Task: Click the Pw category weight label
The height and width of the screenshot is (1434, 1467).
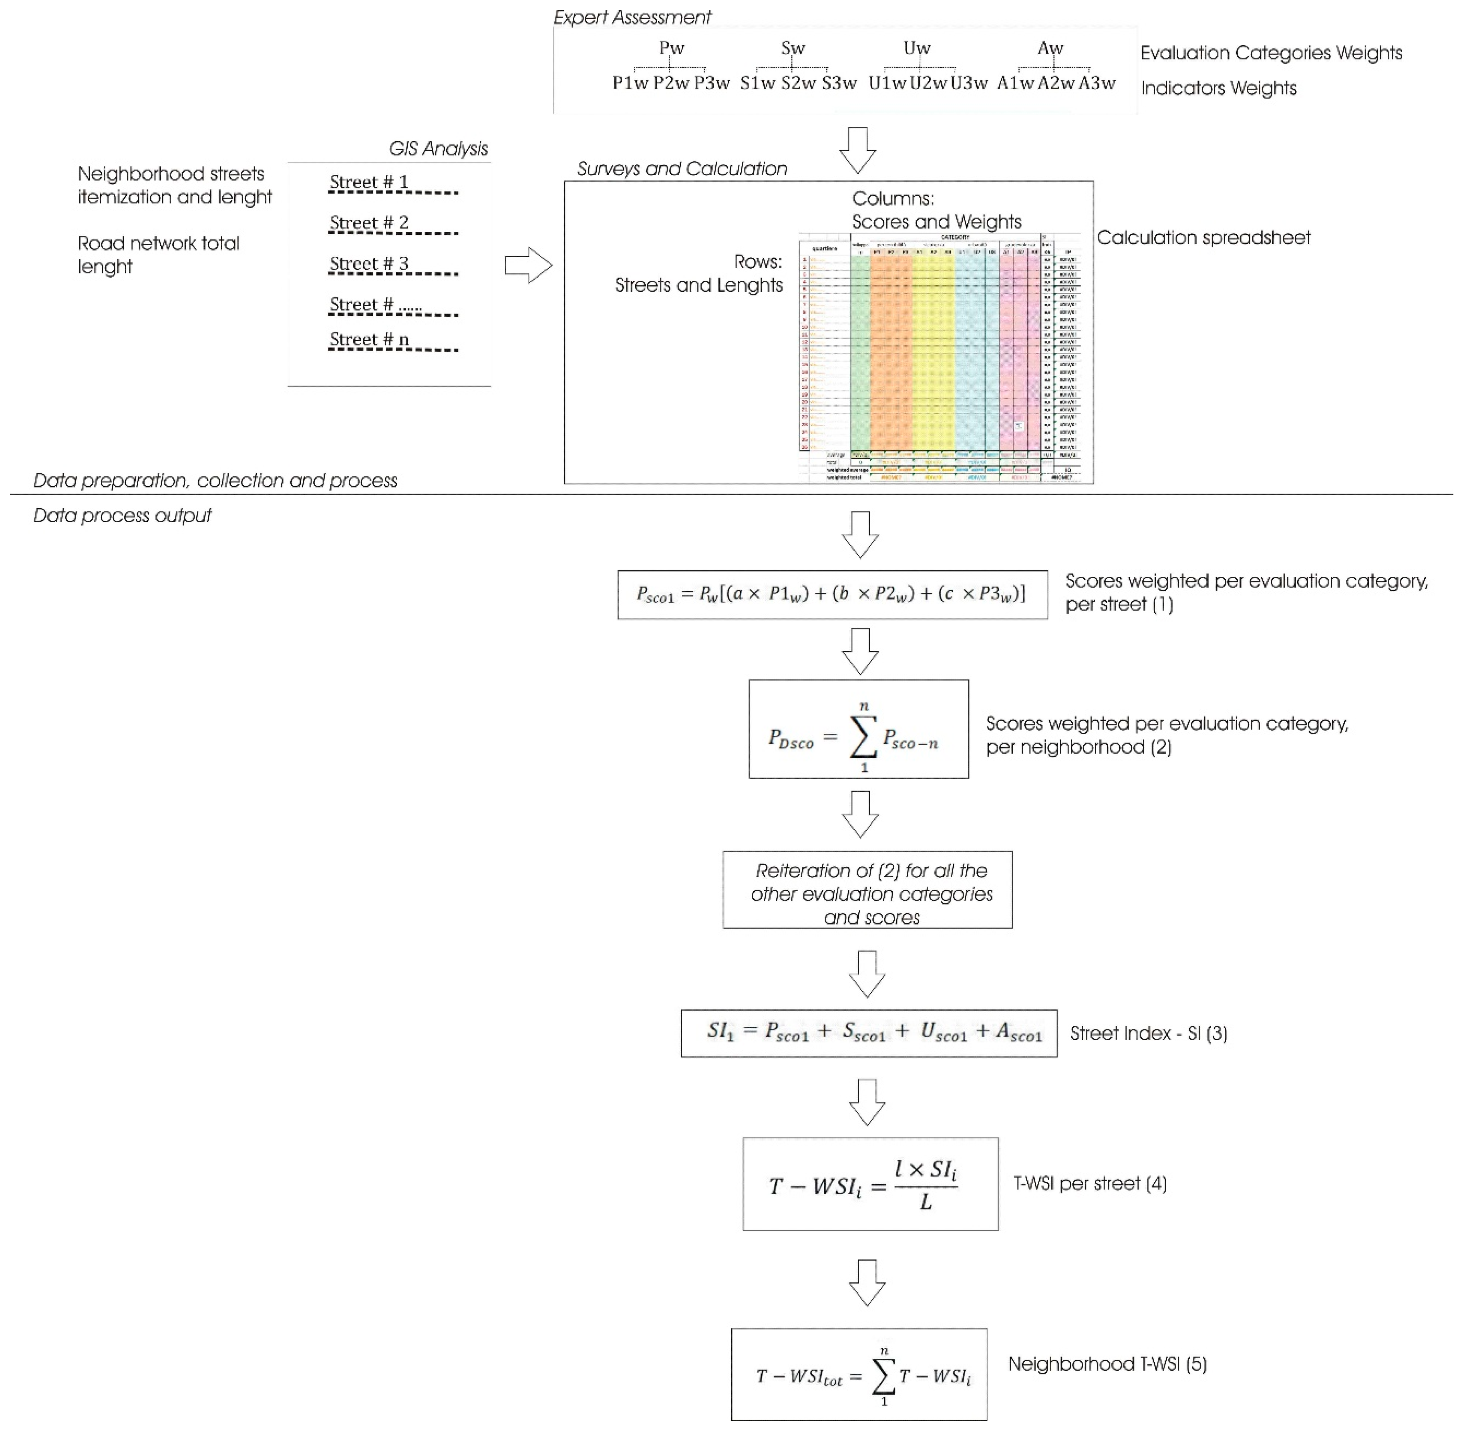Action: (671, 48)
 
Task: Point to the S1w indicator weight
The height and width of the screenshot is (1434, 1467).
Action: (757, 84)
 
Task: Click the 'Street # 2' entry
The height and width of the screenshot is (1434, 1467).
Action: (369, 223)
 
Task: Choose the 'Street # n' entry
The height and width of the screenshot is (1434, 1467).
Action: (369, 340)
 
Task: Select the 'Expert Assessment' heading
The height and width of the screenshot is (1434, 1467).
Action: (632, 17)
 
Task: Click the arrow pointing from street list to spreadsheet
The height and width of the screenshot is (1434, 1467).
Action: (528, 265)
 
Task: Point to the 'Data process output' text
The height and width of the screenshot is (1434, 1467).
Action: (122, 516)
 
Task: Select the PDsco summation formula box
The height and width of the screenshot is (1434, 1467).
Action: (858, 729)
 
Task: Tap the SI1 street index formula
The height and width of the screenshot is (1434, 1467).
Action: (869, 1033)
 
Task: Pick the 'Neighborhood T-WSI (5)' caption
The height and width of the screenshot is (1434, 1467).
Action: (1107, 1364)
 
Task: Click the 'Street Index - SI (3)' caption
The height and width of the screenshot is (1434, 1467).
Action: (1148, 1033)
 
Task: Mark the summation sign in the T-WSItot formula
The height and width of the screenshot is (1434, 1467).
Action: (883, 1377)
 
